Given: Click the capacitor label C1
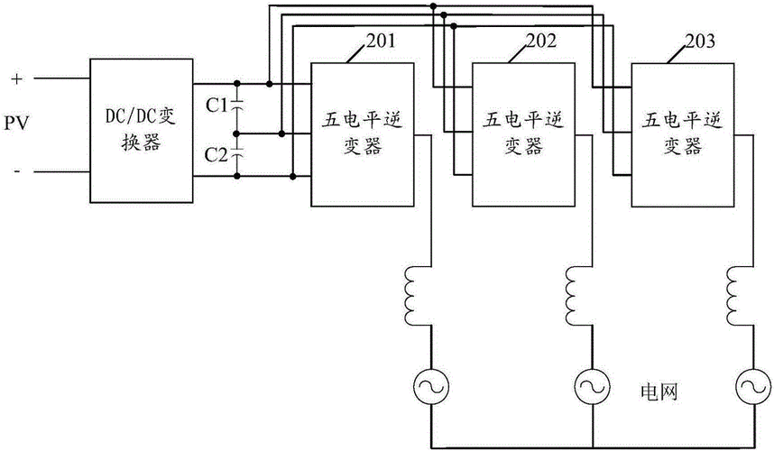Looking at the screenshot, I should click(x=217, y=106).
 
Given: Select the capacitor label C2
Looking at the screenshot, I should click(x=217, y=155).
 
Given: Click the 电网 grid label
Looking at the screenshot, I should click(x=658, y=391).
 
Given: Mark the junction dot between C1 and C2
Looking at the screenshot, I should click(x=237, y=133).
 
